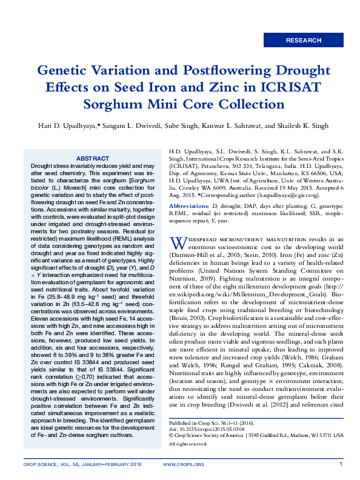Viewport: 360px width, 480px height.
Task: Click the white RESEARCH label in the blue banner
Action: coord(304,41)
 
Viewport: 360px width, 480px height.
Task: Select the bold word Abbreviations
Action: coord(188,206)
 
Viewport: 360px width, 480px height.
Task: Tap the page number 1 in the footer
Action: coord(341,465)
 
